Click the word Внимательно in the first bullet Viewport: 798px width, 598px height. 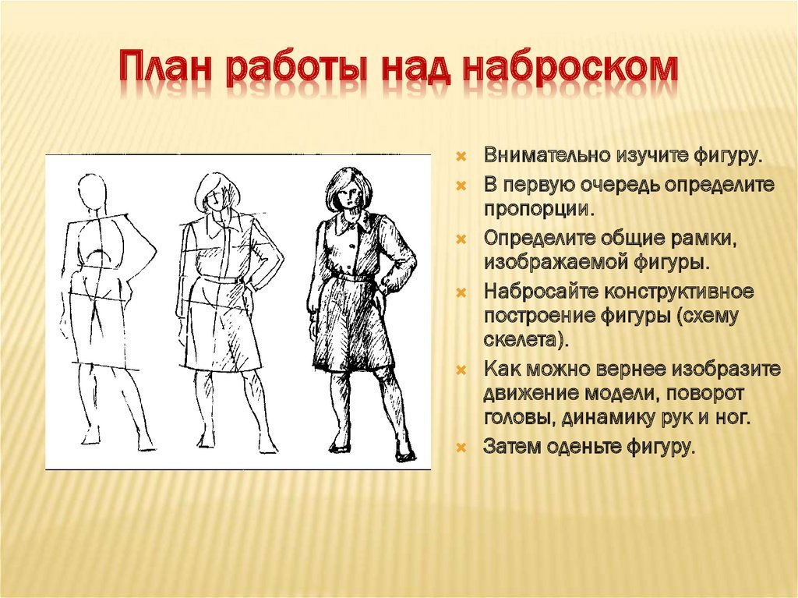point(547,155)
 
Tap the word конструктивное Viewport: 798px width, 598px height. point(679,292)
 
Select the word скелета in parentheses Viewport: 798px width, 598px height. point(524,340)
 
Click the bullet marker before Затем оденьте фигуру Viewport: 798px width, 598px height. point(461,448)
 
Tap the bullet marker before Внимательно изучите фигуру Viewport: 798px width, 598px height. point(461,156)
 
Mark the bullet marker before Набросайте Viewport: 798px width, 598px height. point(461,293)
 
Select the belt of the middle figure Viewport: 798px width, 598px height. point(224,278)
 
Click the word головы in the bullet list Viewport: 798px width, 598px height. point(519,419)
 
